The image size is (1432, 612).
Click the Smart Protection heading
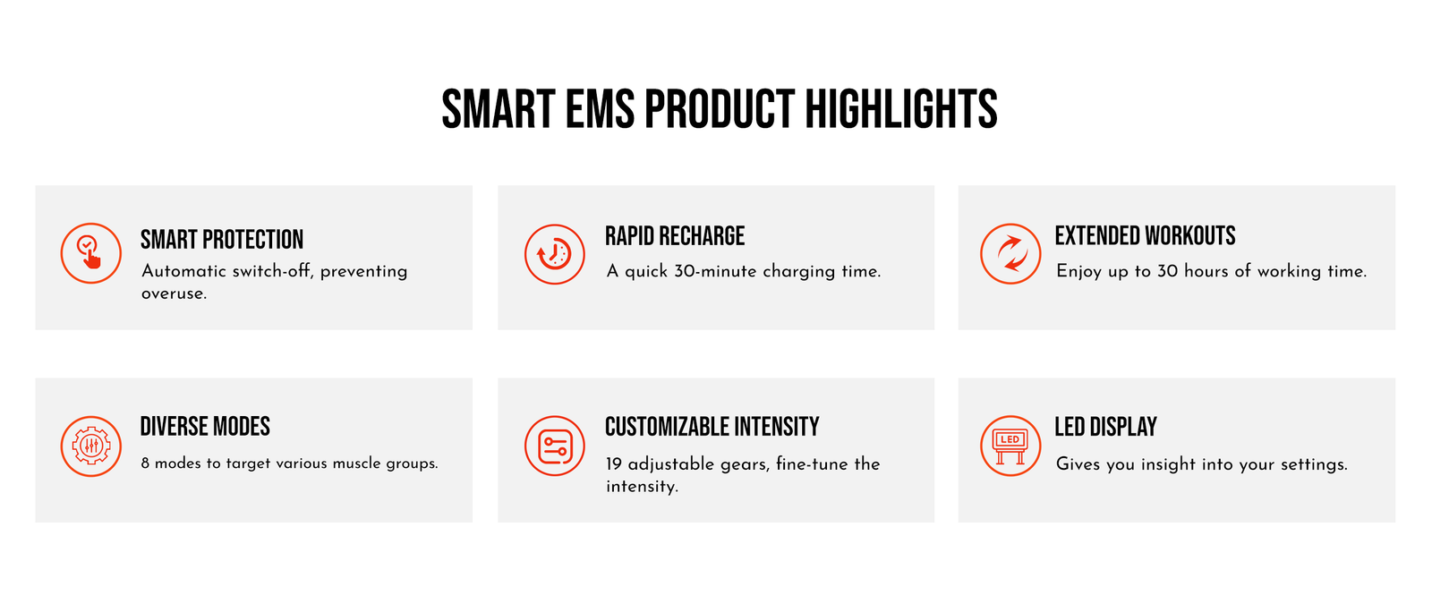[222, 240]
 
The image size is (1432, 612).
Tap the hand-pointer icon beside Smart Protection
[90, 253]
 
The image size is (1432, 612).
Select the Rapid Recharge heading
[675, 235]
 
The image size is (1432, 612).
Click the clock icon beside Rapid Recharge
[554, 253]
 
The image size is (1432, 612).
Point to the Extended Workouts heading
[1145, 235]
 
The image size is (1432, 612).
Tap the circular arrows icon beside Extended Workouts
[1010, 253]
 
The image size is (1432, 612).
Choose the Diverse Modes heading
[205, 427]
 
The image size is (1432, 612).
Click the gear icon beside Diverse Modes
[90, 446]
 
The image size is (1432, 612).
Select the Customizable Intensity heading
[712, 427]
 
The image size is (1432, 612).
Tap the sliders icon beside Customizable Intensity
[554, 446]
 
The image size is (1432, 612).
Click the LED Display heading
[1105, 427]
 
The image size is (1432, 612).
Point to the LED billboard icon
[1010, 446]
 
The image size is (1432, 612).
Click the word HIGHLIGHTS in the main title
[900, 109]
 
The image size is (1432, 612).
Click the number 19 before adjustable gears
[614, 464]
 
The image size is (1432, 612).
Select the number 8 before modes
[145, 463]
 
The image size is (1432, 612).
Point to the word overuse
[174, 293]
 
